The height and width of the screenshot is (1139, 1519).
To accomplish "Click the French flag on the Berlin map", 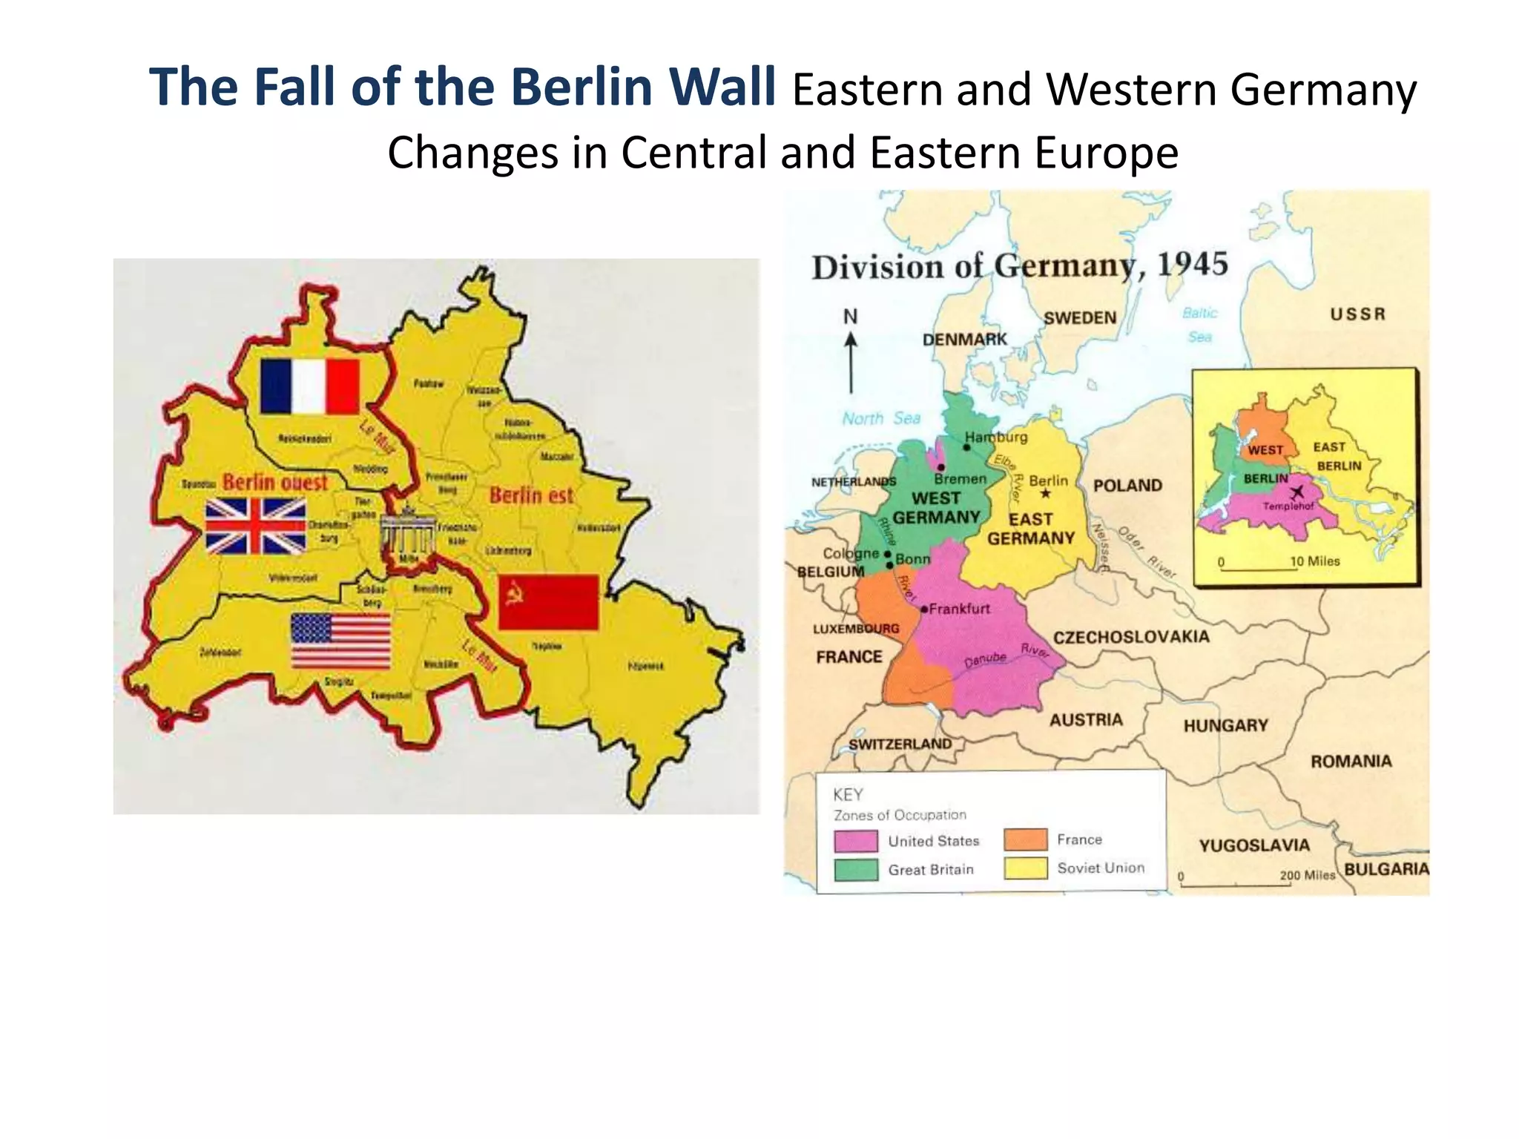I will click(310, 386).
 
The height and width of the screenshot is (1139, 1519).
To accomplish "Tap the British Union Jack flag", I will click(255, 526).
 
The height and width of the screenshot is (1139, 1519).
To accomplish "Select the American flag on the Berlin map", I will click(340, 641).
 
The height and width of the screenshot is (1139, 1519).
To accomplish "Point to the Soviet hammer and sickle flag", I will click(548, 601).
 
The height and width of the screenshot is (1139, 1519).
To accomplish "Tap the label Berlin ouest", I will click(275, 482).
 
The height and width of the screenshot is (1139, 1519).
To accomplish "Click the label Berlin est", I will click(531, 495).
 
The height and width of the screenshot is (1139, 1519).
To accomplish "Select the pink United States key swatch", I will click(855, 841).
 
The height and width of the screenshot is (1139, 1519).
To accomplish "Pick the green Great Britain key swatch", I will click(855, 870).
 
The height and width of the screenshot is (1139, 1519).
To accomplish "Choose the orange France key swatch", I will click(1025, 839).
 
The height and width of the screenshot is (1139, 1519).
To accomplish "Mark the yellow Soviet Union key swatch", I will click(1025, 868).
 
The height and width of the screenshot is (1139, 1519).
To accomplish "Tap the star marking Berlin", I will click(1046, 494).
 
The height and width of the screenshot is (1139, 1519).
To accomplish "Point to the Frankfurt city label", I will click(959, 609).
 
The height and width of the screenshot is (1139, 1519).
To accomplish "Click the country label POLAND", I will click(1127, 486).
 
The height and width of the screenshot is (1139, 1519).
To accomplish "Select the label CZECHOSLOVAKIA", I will click(1131, 637).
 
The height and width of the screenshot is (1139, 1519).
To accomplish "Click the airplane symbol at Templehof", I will click(1296, 492).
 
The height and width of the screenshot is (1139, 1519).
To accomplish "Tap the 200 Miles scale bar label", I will click(1307, 875).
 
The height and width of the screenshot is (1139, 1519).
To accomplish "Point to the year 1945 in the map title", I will click(1193, 264).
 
